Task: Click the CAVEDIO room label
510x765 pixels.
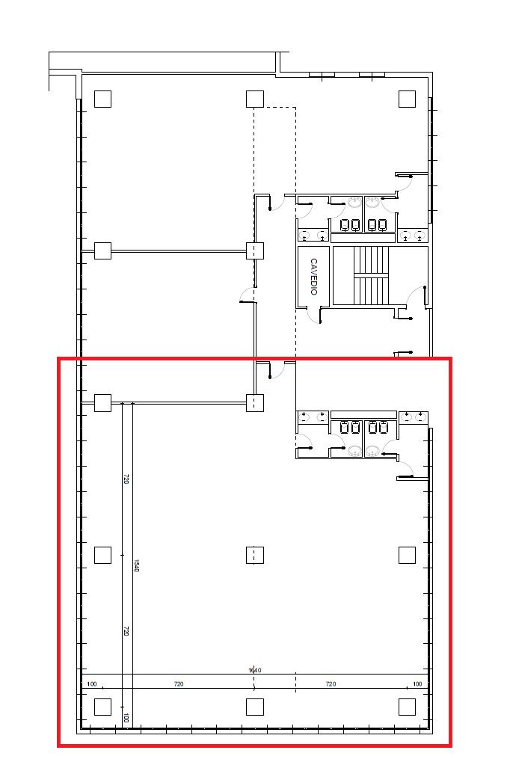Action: pos(314,277)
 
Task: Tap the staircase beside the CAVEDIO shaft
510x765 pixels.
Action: pos(371,276)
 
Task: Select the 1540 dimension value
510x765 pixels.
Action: pos(137,565)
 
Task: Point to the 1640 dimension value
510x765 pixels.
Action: pos(255,670)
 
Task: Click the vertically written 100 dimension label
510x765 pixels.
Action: pos(126,718)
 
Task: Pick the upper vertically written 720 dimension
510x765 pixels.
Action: pos(126,479)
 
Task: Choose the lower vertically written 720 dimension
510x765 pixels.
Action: pos(126,631)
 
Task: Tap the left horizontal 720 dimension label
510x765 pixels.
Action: pos(179,684)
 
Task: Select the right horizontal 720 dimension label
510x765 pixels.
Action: pos(331,684)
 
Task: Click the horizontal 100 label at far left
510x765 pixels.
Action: pos(92,684)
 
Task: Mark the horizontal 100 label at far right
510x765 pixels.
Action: pos(417,684)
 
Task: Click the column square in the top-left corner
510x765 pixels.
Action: pos(102,99)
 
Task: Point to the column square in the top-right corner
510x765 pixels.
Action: pos(407,99)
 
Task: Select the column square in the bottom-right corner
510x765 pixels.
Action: pos(407,707)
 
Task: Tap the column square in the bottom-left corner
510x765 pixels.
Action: pos(102,707)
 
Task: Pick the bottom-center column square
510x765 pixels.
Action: pos(255,707)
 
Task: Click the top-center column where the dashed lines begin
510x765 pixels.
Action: pos(255,99)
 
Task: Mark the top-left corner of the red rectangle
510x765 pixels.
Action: pos(58,359)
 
